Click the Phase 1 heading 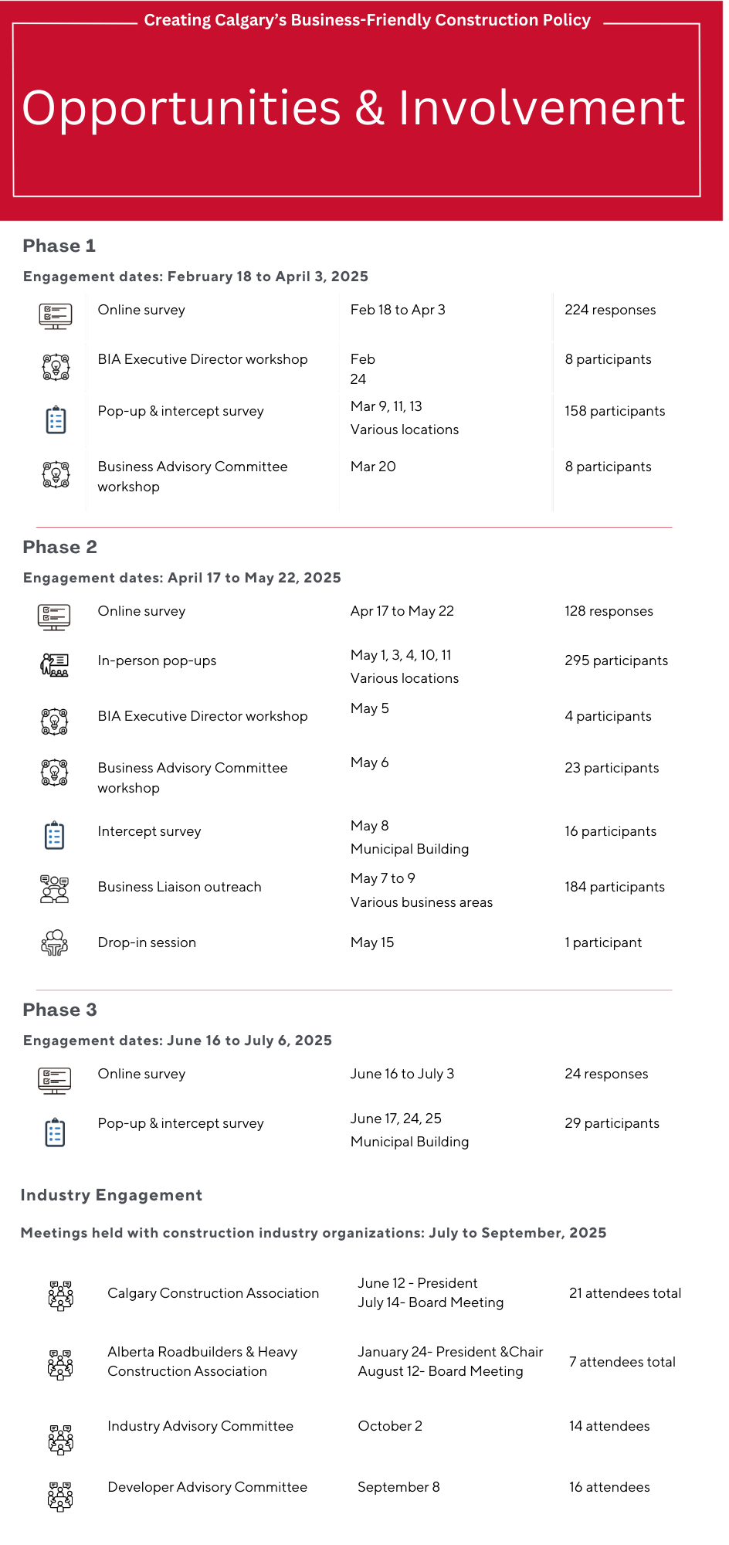point(59,246)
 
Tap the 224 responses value point(610,310)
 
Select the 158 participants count point(615,411)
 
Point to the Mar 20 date point(373,467)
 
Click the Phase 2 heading point(59,547)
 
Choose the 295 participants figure point(616,660)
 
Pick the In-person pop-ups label point(157,660)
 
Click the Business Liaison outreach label point(179,887)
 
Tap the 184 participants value point(615,887)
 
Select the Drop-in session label point(147,942)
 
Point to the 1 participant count point(603,942)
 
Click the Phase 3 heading point(59,1010)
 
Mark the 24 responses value point(606,1074)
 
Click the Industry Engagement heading point(111,1195)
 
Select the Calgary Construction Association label point(213,1293)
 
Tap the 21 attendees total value point(625,1293)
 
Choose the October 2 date point(390,1426)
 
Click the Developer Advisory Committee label point(207,1487)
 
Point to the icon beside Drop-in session point(54,942)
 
